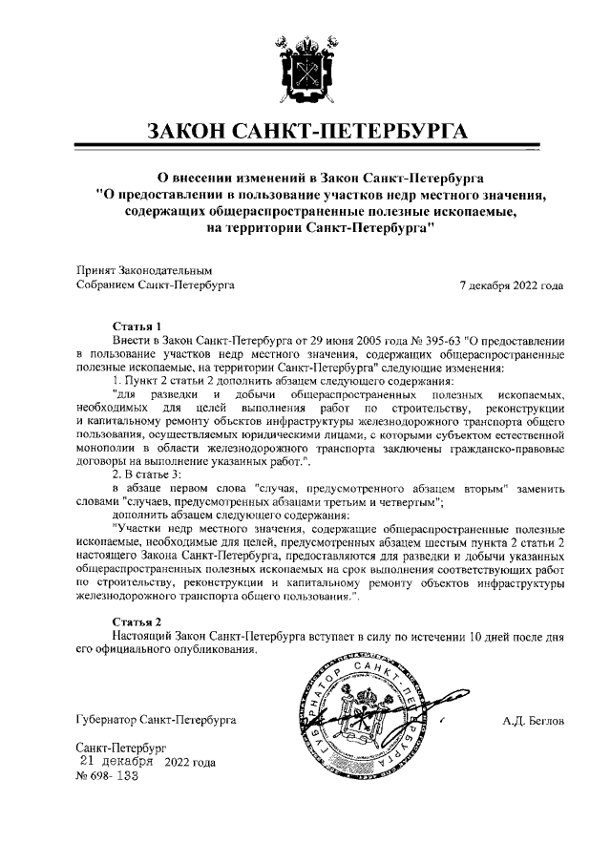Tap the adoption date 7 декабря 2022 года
pos(511,284)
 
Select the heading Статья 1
pos(138,326)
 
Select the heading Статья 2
pos(138,622)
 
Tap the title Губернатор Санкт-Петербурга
pos(156,719)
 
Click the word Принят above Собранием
pos(94,270)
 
